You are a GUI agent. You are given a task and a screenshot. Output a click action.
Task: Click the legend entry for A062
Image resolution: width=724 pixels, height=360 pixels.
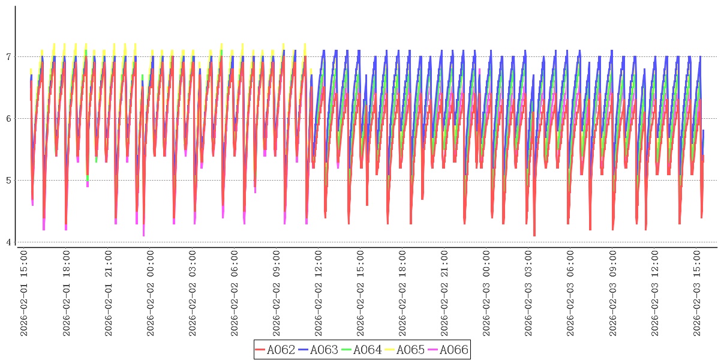tap(275, 350)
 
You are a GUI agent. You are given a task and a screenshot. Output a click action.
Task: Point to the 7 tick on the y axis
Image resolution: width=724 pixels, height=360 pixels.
tap(8, 57)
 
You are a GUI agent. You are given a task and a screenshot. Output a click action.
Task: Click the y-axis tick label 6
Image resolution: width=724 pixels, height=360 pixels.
tap(8, 119)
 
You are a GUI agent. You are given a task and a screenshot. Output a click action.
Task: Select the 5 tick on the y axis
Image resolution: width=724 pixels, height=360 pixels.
tap(8, 181)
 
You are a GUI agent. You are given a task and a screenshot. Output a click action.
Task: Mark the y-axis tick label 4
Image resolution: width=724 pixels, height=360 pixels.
tap(8, 242)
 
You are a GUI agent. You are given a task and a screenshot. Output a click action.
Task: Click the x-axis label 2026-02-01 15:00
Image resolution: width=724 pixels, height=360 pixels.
tap(25, 293)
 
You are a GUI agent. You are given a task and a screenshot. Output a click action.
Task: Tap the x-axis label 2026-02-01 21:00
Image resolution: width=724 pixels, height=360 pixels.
tap(109, 293)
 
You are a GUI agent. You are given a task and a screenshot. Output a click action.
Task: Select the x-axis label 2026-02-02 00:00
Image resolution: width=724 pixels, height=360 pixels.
tap(151, 293)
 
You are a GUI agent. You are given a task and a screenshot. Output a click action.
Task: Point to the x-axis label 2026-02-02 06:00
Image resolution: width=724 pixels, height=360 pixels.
tap(235, 293)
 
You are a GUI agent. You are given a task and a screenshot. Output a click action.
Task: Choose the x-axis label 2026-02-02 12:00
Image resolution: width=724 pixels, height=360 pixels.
tap(319, 293)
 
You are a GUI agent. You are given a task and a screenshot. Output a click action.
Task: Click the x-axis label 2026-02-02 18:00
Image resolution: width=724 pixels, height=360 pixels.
tap(402, 293)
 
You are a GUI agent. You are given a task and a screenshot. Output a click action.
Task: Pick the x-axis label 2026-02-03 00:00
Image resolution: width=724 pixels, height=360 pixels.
tap(486, 293)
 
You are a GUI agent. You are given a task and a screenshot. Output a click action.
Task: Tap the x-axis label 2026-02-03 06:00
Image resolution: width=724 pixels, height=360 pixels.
tap(570, 293)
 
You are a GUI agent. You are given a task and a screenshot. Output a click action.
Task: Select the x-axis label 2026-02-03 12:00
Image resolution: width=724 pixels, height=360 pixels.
tap(654, 293)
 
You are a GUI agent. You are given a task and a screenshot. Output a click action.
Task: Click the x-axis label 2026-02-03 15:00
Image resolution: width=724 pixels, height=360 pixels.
tap(696, 293)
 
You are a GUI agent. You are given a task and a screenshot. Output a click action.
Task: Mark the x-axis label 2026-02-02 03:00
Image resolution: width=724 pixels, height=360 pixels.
tap(193, 293)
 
